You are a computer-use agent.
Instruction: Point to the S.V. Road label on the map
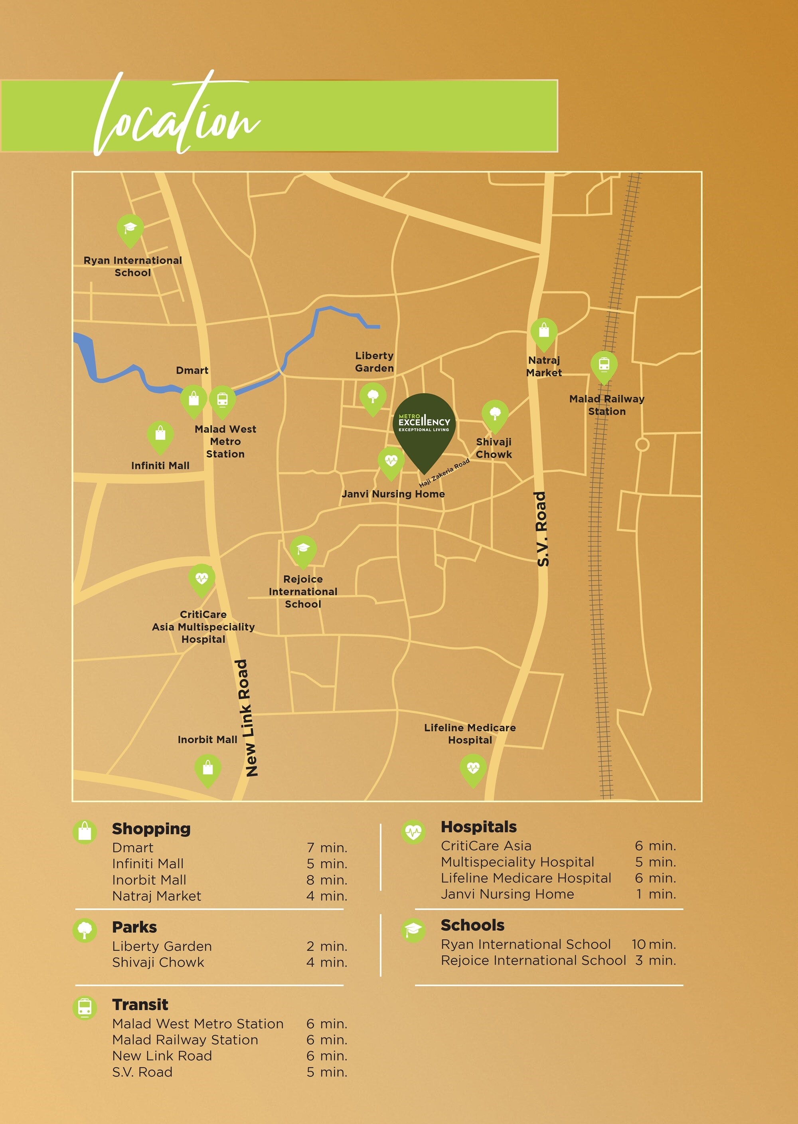click(x=542, y=529)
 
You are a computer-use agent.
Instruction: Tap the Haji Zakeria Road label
click(x=444, y=473)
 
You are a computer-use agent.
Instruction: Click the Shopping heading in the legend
click(x=151, y=829)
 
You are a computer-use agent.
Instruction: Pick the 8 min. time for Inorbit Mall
click(x=327, y=880)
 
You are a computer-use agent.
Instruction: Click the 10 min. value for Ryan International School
click(x=654, y=944)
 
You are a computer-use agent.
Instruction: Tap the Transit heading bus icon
click(x=85, y=1007)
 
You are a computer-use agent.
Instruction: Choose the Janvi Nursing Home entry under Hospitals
click(x=507, y=894)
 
